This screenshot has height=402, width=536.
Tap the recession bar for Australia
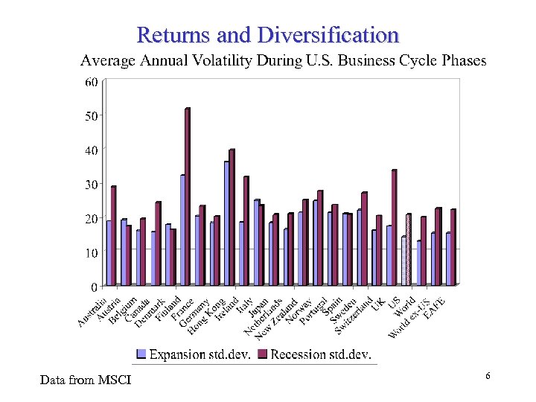coord(113,235)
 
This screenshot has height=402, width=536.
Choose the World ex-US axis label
coord(408,319)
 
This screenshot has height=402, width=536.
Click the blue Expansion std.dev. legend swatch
coord(141,354)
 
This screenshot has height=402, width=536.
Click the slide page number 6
coord(488,377)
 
